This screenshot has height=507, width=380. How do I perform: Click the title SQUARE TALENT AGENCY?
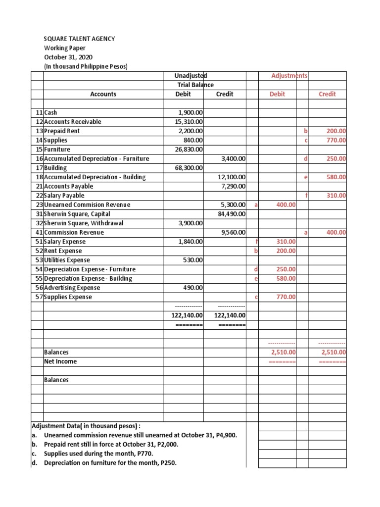tap(79, 39)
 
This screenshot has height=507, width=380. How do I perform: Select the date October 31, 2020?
tap(65, 57)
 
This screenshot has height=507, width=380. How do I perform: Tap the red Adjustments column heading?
tap(289, 76)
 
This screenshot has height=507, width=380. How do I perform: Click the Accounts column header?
tap(103, 94)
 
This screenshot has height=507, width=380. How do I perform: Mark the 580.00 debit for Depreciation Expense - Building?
tap(285, 279)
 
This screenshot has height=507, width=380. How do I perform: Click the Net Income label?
tap(60, 361)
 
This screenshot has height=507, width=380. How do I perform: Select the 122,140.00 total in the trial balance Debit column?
tap(184, 315)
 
